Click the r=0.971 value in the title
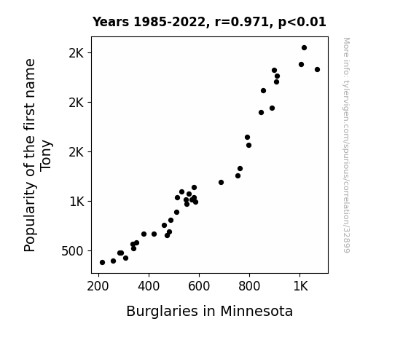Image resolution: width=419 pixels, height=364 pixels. pos(242,22)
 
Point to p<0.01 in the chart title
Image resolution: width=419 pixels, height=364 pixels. pos(302,23)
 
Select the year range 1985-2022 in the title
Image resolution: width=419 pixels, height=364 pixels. pos(169,22)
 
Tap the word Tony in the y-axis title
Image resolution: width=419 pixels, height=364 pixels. pos(46,156)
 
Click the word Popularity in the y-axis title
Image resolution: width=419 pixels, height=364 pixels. pos(30,217)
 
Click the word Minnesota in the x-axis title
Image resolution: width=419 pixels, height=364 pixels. pos(257,312)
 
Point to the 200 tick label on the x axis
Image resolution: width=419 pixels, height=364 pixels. pos(98,287)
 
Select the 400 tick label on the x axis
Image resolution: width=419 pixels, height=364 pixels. pos(149,287)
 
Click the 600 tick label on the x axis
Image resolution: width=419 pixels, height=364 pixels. pos(199,287)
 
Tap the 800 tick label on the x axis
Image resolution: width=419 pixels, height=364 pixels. pos(249,287)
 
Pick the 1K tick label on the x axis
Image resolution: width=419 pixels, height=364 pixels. pos(301,287)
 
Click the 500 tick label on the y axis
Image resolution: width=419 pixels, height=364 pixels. pos(72,251)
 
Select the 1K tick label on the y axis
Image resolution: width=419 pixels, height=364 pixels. pos(77,202)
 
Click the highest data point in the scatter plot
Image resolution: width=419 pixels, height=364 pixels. pos(304,48)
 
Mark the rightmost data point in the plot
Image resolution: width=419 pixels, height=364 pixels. pos(317,69)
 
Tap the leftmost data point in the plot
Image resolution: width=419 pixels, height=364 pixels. pos(102,263)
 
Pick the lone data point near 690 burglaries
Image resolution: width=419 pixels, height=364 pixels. pos(221,183)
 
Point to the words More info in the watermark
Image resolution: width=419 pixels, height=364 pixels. pos(346,51)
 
